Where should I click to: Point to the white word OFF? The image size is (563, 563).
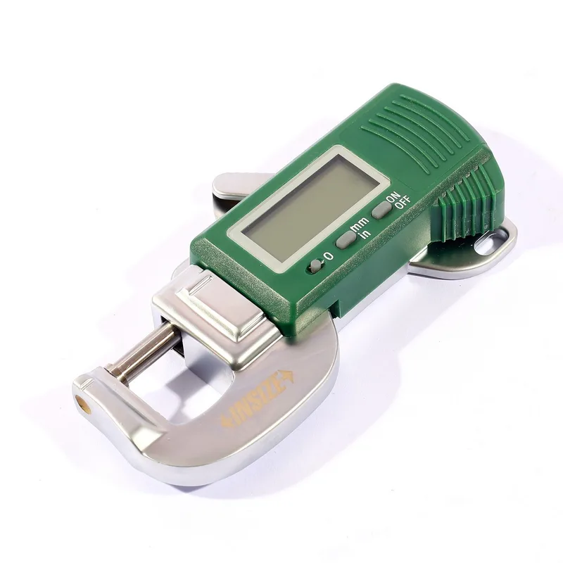[x=402, y=204]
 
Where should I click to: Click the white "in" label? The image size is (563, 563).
[x=365, y=234]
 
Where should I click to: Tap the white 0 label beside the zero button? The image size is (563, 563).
[x=329, y=255]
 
